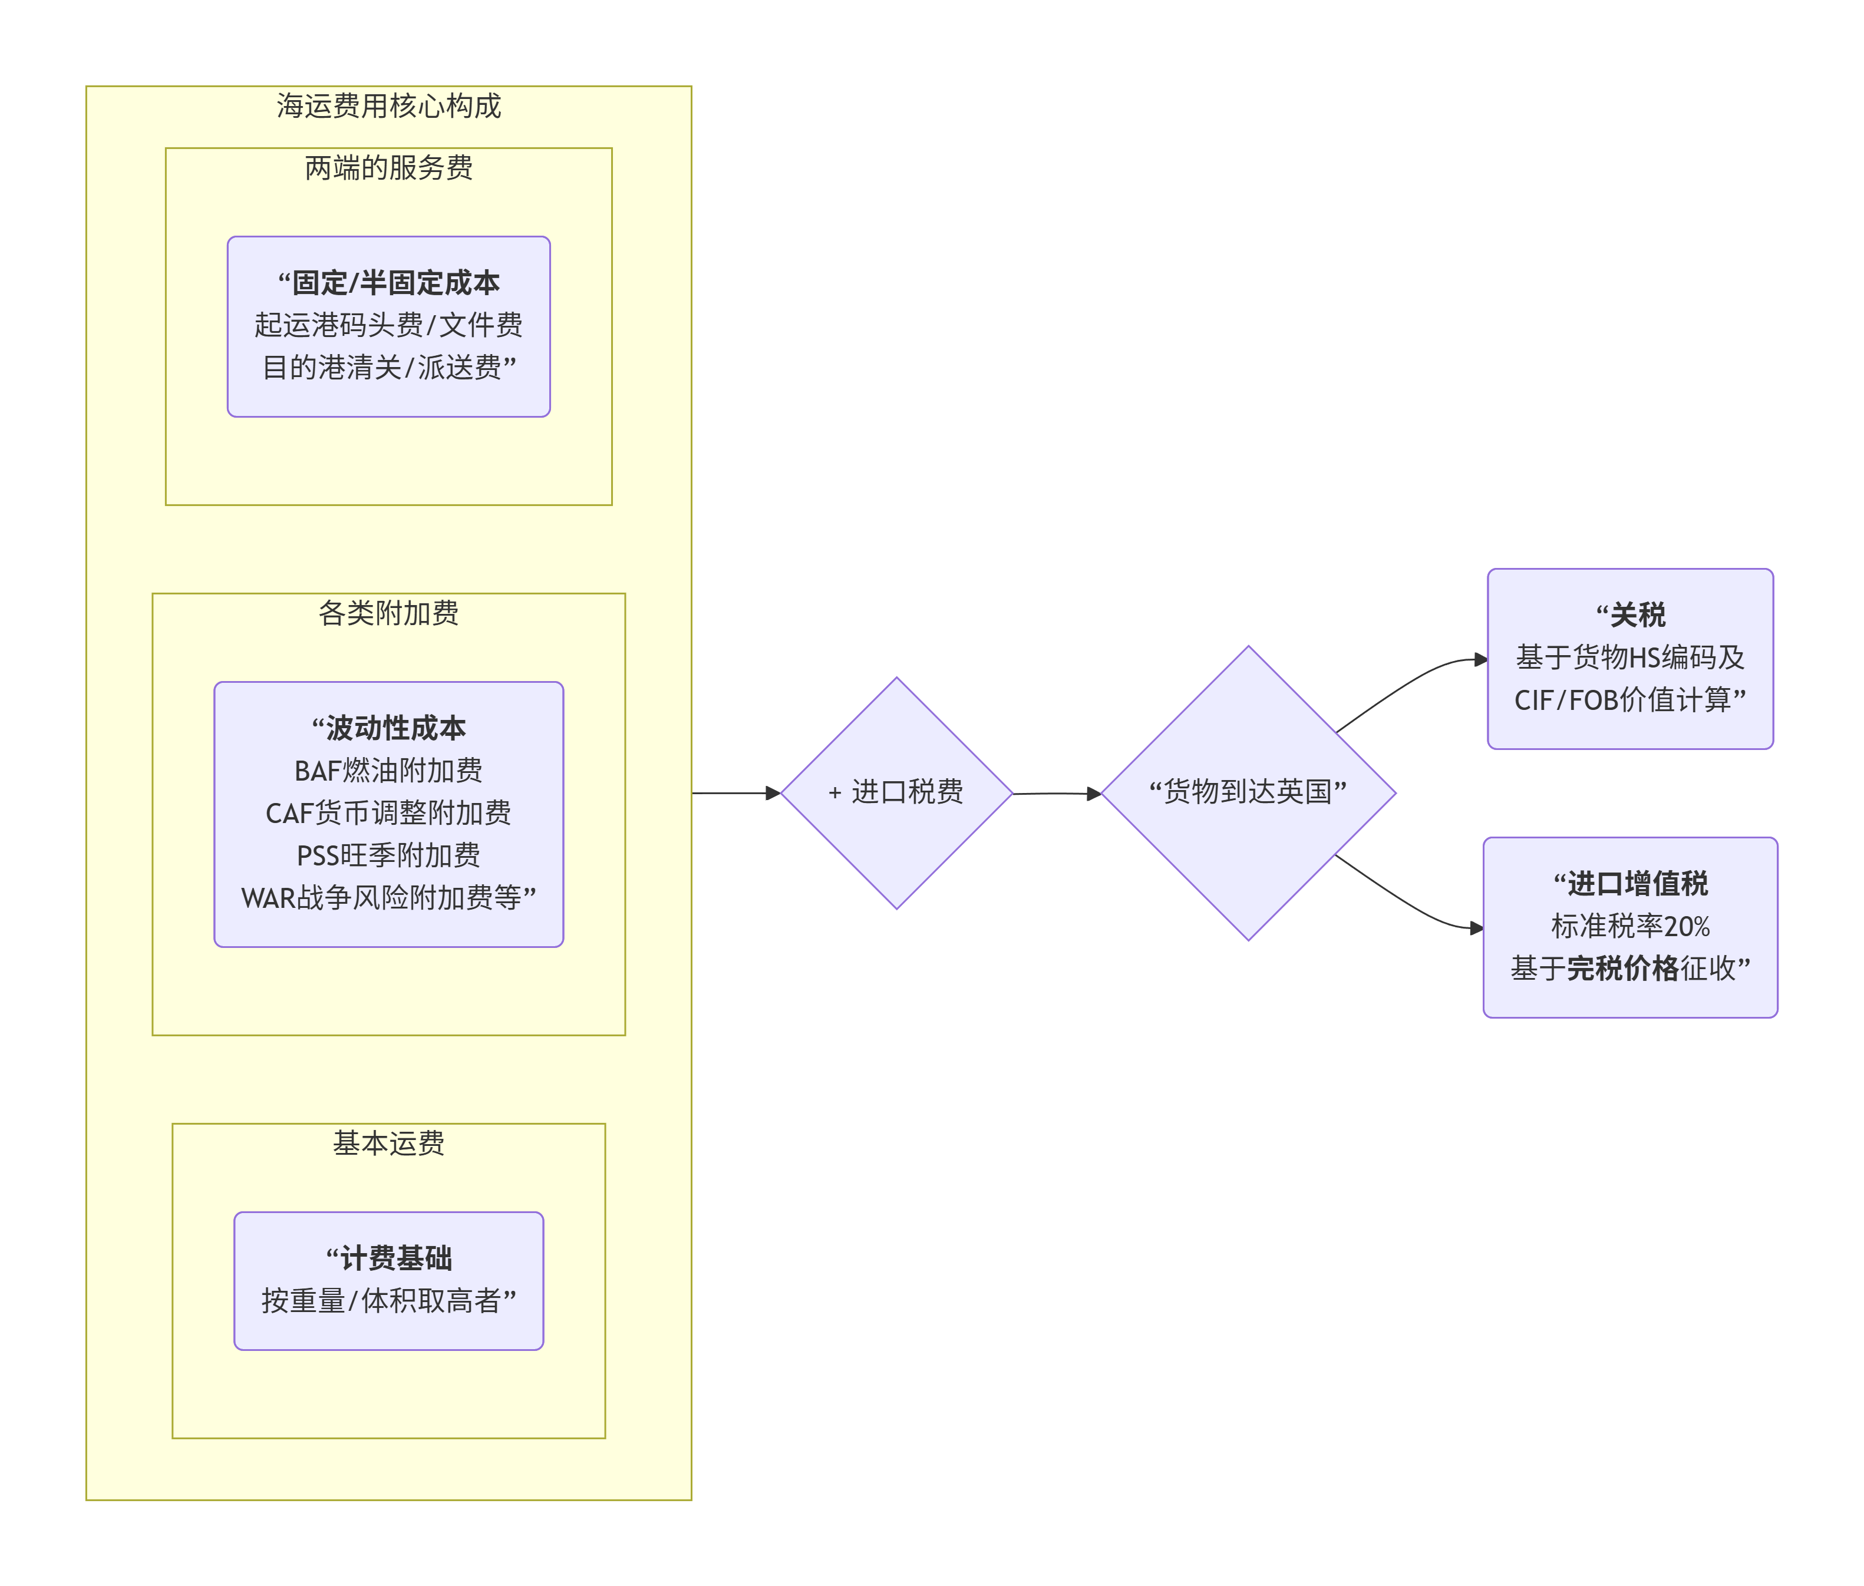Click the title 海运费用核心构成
[388, 106]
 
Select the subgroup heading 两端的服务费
[388, 167]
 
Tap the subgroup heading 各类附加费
[388, 613]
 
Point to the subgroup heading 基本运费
[388, 1143]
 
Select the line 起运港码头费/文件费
[388, 325]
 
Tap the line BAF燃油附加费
[388, 771]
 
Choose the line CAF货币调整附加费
[388, 813]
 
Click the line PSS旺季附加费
[388, 855]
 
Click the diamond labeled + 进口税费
[896, 792]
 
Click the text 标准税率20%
[1629, 926]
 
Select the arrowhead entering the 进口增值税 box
[1476, 928]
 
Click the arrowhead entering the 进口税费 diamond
[773, 793]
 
